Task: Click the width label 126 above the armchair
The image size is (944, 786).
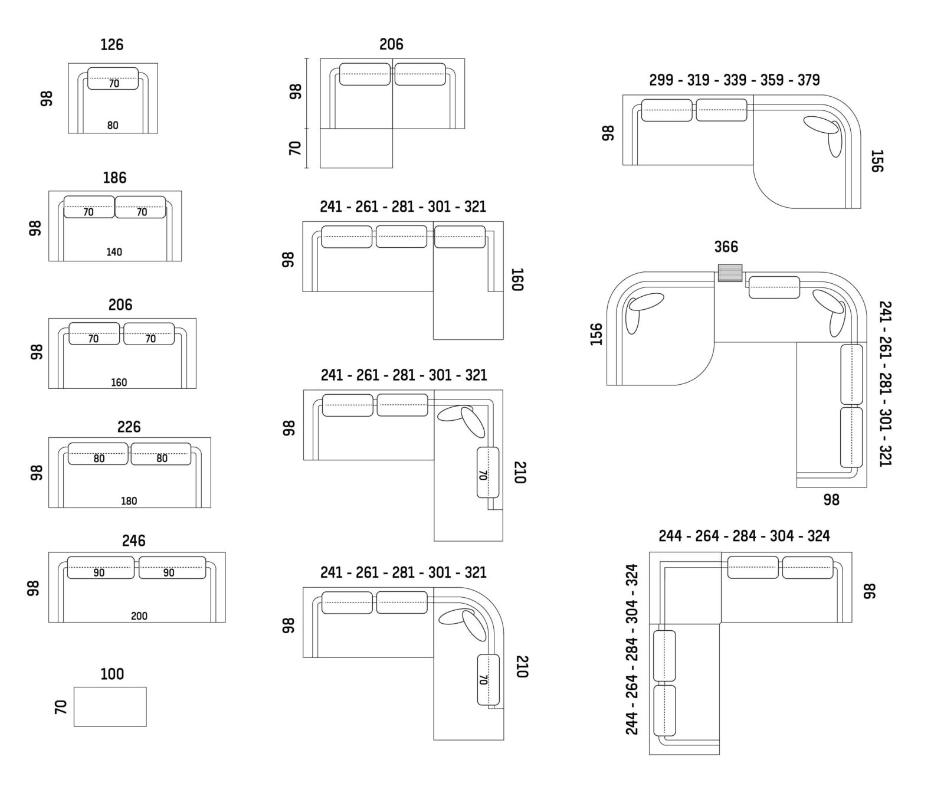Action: point(112,45)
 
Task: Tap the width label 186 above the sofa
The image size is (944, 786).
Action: point(114,178)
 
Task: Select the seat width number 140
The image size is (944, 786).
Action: point(114,252)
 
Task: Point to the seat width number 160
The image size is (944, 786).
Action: point(119,382)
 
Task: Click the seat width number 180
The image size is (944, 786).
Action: point(129,501)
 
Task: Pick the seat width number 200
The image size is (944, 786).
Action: point(139,616)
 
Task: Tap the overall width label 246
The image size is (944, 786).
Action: point(134,541)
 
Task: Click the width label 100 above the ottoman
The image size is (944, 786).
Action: point(112,674)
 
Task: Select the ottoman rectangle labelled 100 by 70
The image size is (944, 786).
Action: point(110,706)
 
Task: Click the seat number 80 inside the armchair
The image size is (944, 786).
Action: point(113,125)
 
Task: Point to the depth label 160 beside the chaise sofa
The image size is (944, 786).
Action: point(516,280)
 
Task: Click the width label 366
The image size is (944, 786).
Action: point(726,247)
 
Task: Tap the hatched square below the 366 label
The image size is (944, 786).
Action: point(730,273)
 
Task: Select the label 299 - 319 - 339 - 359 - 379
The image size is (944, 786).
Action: point(735,80)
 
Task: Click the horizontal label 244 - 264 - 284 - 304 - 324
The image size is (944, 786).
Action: point(744,536)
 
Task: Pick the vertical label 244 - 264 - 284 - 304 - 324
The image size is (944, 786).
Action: point(632,649)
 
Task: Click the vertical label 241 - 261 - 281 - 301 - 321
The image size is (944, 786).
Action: point(885,384)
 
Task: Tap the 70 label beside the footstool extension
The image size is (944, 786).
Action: point(296,148)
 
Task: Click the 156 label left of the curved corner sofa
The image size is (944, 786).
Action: point(596,334)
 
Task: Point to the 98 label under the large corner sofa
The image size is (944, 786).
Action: point(831,500)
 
